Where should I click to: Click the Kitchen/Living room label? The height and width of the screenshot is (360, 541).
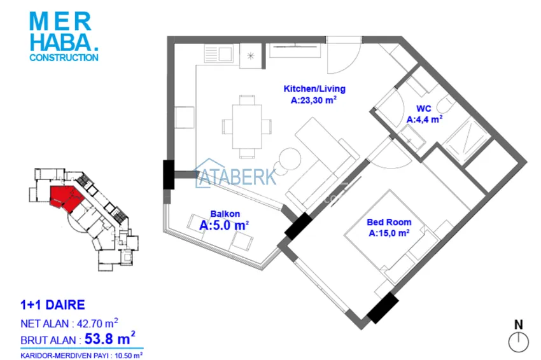point(314,88)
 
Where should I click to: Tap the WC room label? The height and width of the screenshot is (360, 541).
point(424,109)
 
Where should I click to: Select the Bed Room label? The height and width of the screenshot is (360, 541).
point(389,222)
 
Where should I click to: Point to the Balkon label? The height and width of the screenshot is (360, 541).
point(225,214)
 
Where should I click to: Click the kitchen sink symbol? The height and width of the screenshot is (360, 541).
point(218,53)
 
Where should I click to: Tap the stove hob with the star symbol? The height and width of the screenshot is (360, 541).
point(251,55)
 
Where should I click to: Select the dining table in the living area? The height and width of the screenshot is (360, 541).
point(247,126)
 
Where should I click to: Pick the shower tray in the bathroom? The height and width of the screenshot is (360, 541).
point(467,139)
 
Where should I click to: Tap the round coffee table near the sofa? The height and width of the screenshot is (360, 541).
point(290,158)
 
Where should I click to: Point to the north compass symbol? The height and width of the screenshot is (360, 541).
point(518,342)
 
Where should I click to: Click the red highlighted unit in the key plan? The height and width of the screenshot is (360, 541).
point(65,198)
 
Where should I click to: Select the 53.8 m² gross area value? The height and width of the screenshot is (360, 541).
point(109,338)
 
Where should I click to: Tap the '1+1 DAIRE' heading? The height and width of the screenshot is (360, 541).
point(53,305)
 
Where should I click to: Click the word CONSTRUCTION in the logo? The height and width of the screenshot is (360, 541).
point(64,58)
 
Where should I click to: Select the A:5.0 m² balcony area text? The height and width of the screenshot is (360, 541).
point(224,226)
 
